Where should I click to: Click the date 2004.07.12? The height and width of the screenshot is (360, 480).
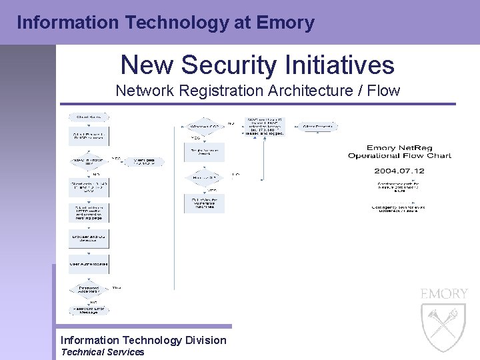click(399, 171)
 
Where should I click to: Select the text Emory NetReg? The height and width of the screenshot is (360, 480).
click(399, 148)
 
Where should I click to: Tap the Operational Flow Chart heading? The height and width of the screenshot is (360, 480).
click(399, 156)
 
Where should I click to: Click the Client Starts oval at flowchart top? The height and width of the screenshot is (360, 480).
click(89, 117)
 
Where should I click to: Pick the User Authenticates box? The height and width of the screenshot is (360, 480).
click(89, 264)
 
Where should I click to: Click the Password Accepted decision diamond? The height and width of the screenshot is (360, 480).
click(89, 289)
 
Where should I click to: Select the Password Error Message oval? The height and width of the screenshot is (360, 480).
click(89, 310)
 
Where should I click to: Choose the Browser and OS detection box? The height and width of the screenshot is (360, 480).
click(89, 239)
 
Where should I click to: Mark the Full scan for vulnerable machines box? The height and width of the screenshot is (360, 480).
click(204, 203)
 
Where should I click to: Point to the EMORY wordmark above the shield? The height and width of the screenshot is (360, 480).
click(444, 294)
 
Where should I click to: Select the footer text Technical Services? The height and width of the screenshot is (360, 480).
click(102, 352)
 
